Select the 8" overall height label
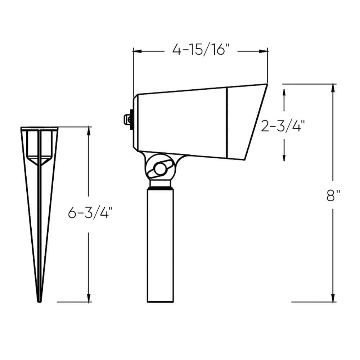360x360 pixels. click(333, 195)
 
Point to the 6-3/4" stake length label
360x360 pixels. click(90, 213)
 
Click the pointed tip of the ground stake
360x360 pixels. click(39, 301)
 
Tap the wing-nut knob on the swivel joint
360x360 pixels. click(160, 169)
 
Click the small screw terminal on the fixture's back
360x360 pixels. click(128, 120)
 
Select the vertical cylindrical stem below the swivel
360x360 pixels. click(160, 245)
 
